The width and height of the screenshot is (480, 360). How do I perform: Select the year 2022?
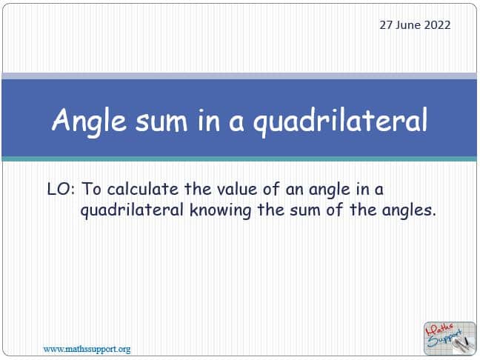[x=437, y=25]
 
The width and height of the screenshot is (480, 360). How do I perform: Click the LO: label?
[x=61, y=189]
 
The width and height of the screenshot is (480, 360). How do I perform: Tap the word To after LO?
[x=91, y=189]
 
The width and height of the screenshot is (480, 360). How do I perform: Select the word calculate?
[x=143, y=189]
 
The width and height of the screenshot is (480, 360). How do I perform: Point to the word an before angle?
[x=294, y=190]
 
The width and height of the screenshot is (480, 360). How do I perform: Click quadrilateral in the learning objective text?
[x=132, y=211]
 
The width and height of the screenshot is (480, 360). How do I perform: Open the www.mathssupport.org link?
[x=87, y=350]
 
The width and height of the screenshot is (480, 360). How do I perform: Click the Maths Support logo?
[x=450, y=339]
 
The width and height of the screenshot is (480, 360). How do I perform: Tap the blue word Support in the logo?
[x=444, y=339]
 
